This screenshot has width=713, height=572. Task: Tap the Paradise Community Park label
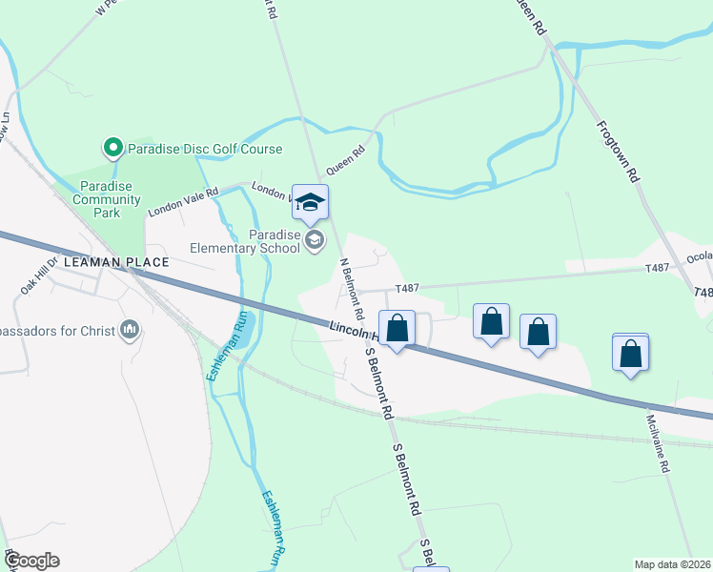[x=107, y=199]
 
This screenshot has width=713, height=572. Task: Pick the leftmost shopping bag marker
[x=398, y=329]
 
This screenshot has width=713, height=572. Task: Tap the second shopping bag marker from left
[x=491, y=321]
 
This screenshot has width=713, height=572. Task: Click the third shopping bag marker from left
[x=538, y=332]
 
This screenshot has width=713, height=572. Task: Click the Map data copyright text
[x=673, y=564]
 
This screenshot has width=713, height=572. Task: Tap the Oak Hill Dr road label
[x=40, y=276]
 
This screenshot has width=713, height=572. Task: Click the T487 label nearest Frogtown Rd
[x=658, y=268]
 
